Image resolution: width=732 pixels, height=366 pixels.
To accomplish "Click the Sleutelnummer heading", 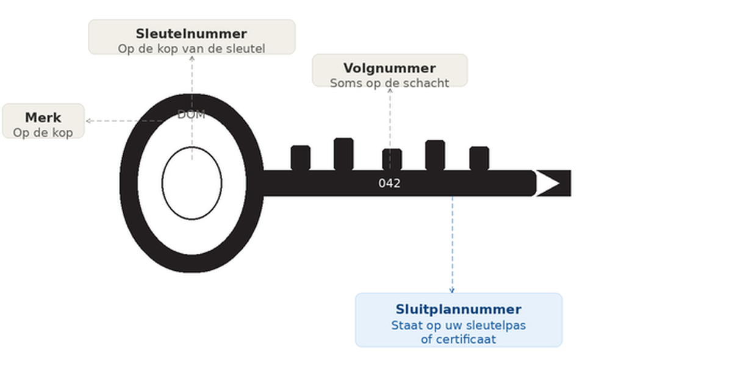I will (x=192, y=34).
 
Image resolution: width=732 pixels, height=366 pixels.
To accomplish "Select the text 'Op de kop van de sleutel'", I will (x=192, y=49).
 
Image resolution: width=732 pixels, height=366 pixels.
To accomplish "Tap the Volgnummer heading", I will (x=389, y=68).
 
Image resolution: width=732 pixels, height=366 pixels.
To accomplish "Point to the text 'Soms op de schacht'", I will (x=389, y=83).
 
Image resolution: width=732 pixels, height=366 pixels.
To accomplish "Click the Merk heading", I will (x=43, y=117).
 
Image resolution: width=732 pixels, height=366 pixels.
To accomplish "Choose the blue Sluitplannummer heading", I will (x=458, y=309).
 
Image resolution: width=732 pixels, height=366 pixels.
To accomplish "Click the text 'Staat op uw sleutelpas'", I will (x=458, y=325).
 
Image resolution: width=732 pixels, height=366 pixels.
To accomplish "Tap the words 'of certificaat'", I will (x=458, y=339).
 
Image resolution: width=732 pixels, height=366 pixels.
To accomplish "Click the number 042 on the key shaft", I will (x=389, y=183).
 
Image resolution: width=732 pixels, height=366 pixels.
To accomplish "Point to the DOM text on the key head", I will (x=191, y=114).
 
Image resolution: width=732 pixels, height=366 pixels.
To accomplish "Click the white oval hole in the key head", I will (x=192, y=183).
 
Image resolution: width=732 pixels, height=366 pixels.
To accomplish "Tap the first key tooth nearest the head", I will (x=300, y=157).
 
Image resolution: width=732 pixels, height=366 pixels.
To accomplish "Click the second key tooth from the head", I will (x=343, y=154).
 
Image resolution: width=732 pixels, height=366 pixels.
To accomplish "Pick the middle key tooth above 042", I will (x=392, y=159).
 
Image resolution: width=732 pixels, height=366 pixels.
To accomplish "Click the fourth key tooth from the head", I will (x=435, y=155).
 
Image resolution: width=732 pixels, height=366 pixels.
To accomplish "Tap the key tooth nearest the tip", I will (x=479, y=158).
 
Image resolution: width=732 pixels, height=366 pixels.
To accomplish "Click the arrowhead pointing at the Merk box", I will (x=88, y=121).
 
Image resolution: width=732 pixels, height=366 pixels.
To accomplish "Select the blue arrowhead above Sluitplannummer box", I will (x=452, y=290).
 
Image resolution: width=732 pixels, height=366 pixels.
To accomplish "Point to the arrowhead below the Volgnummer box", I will (x=390, y=90).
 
